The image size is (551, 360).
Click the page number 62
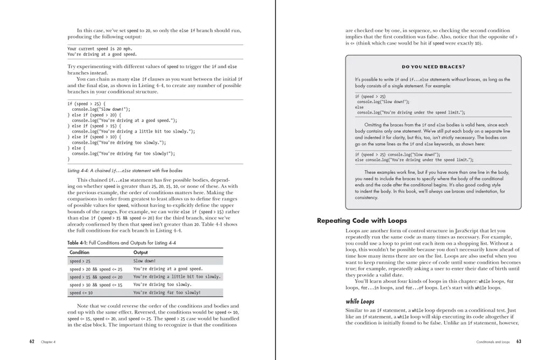pos(32,342)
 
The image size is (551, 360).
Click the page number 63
pos(519,342)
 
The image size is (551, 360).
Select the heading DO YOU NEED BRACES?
pos(433,67)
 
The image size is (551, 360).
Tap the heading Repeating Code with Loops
pos(362,221)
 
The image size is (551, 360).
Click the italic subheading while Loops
pos(360,301)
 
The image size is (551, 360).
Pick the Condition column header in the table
pos(80,252)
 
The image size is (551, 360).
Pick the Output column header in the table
pos(140,252)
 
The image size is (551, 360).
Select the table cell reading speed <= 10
pos(81,293)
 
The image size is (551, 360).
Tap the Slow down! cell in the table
pos(144,260)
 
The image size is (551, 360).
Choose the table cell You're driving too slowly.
pos(162,285)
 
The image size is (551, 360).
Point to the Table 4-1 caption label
pos(80,243)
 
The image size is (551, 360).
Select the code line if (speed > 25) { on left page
pos(86,103)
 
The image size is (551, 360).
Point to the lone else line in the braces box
pos(359,107)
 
